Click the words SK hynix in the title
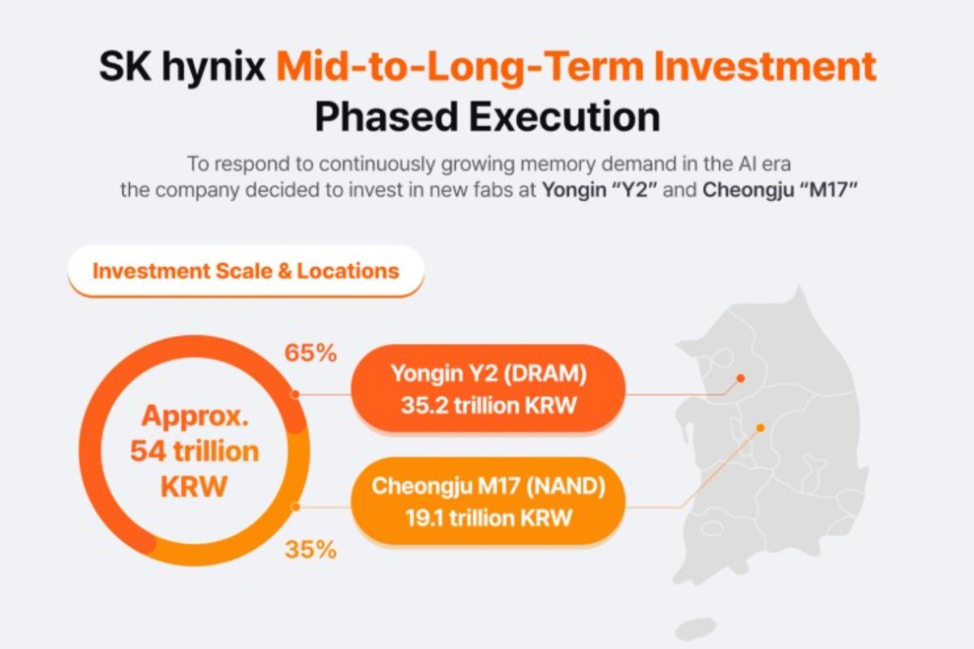tap(182, 67)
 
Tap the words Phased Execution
tap(488, 117)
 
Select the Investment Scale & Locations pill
tap(246, 271)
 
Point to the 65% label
tap(310, 353)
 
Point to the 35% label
tap(310, 549)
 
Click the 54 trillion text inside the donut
tap(194, 451)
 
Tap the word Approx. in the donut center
tap(195, 417)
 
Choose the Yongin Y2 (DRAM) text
tap(489, 374)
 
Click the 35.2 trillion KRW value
tap(489, 406)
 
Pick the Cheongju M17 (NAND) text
tap(489, 487)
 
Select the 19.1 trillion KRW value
tap(489, 518)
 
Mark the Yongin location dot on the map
tap(741, 378)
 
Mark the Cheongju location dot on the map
tap(761, 428)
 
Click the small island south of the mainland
tap(696, 629)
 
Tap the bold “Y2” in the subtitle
tap(639, 190)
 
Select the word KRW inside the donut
tap(194, 486)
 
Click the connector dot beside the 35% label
tap(295, 507)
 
